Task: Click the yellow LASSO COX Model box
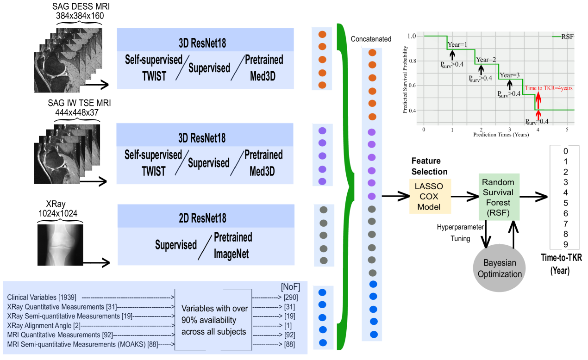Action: point(430,197)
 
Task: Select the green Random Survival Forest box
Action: point(499,197)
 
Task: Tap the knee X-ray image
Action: point(60,245)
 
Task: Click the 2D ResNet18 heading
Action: point(202,218)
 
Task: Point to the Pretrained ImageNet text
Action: point(232,245)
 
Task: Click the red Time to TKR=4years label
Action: point(549,88)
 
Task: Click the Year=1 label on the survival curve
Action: point(458,44)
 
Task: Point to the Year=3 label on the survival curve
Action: point(510,75)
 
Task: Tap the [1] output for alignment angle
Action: point(289,326)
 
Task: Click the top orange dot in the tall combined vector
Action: point(372,53)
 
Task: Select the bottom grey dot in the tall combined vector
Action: point(372,273)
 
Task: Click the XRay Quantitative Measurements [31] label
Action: point(62,307)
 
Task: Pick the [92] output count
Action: point(289,335)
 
